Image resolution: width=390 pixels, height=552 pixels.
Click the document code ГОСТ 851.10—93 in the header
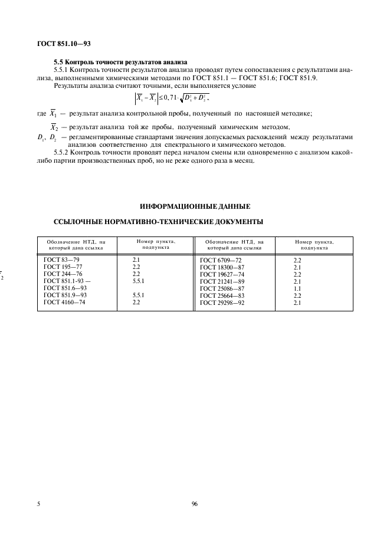coord(64,43)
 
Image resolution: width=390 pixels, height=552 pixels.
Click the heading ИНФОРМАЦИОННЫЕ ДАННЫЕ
coord(195,206)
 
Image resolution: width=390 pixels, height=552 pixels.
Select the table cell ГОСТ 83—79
coord(61,259)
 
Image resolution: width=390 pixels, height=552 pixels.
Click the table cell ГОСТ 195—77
coord(62,267)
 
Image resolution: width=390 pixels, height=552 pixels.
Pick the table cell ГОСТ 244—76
coord(62,274)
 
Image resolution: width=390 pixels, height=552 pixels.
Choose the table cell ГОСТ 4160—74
coord(64,302)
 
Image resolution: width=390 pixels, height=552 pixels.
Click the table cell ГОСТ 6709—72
coord(221,260)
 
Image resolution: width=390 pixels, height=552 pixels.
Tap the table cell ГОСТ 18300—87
coord(222,267)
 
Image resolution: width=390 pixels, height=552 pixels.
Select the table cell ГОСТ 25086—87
coord(222,288)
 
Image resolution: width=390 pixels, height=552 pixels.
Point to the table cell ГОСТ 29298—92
coord(222,303)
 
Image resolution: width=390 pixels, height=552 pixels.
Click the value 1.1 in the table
coord(297,288)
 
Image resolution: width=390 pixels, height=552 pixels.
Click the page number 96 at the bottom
coord(195,504)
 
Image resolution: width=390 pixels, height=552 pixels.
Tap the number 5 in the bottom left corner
coord(39,504)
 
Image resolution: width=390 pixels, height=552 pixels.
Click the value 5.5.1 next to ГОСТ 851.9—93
coord(139,295)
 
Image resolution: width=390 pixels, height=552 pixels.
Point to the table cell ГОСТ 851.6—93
coord(65,288)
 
